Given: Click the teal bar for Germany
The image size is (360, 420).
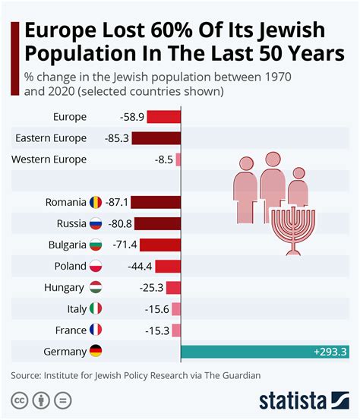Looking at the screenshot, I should [266, 352].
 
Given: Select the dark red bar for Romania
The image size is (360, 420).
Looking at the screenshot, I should [157, 203].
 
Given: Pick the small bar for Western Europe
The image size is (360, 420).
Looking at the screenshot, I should [178, 159].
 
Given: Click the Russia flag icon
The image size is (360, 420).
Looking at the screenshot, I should [96, 224].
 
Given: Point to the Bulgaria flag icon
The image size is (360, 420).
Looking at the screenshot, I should [96, 245].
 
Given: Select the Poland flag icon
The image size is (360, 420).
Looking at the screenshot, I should [96, 267].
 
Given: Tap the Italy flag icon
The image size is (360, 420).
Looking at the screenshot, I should [96, 309].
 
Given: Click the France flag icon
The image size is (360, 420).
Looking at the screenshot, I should [96, 330].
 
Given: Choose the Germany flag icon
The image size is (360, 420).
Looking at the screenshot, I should [96, 352].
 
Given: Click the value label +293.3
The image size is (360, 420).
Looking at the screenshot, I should [330, 352].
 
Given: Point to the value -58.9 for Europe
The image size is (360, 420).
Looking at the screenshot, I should [131, 117].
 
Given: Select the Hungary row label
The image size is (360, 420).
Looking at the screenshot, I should [65, 288].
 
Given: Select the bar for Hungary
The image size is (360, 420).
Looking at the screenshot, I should [173, 288].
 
